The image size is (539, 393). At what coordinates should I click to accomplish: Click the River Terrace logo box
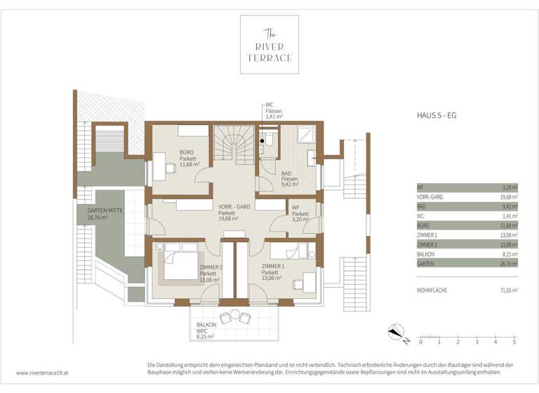(x=269, y=44)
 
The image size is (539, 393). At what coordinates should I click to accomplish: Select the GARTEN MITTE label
(x=102, y=213)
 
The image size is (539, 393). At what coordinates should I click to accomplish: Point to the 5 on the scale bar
(x=514, y=342)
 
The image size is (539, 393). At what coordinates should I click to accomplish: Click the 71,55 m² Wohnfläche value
(x=507, y=290)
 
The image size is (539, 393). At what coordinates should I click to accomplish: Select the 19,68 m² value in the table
(x=507, y=198)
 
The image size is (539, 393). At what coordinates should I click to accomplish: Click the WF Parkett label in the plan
(x=300, y=213)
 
